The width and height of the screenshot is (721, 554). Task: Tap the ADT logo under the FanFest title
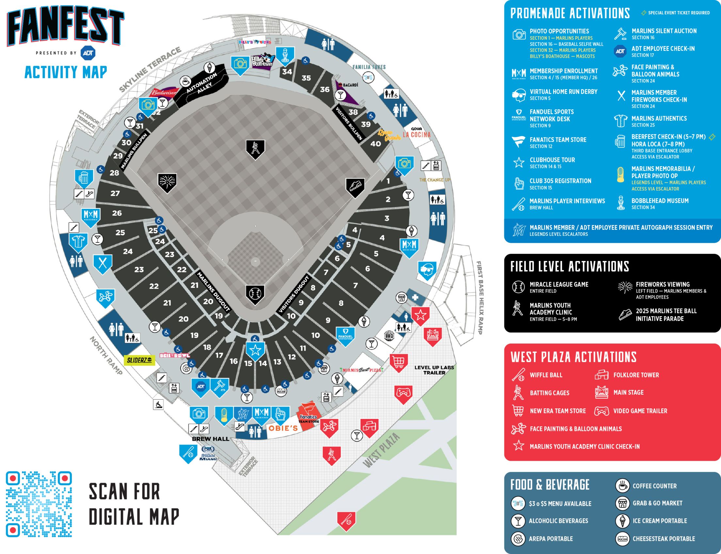coord(88,53)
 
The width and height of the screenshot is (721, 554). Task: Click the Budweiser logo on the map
coord(164,93)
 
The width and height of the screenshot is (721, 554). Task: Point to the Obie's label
coord(283,428)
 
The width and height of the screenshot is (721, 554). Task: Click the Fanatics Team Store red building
coord(309,417)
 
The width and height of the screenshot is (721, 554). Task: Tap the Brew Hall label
coord(210,439)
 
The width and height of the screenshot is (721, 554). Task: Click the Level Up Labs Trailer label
coord(434,370)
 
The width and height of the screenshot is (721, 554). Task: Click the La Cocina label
coord(416,134)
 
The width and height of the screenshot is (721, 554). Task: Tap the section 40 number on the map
coord(376,144)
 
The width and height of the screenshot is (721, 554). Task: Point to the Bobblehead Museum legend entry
coord(660,204)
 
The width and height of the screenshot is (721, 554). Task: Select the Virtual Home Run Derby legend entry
coord(563,94)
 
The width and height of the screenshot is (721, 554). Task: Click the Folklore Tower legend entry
coord(635,375)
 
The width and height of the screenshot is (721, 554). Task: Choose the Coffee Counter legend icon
coord(622,486)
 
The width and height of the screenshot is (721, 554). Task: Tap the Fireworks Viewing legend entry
coord(663,287)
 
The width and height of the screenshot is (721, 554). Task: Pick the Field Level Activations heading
coord(569,267)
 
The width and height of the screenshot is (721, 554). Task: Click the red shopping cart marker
coord(399,362)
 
